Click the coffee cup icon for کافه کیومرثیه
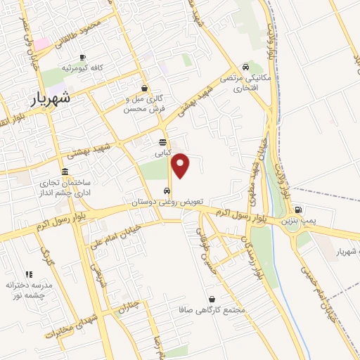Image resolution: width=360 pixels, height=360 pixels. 82,57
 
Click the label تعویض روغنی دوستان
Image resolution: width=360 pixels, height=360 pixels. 166,202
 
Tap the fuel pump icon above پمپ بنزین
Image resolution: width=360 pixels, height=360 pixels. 298,209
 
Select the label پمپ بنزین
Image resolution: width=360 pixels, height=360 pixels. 296,221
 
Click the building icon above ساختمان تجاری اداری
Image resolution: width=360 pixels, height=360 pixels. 65,172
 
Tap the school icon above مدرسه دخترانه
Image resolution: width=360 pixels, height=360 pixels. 29,274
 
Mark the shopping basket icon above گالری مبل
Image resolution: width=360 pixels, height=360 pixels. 144,89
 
